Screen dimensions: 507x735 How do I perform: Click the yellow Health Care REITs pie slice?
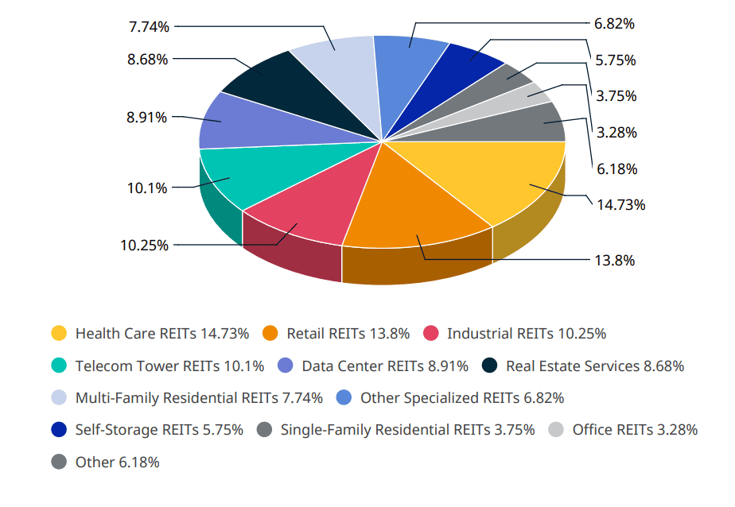tap(509, 179)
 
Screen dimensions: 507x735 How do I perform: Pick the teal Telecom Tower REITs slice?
tap(239, 175)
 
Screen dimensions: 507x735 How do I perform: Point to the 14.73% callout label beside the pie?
tap(620, 204)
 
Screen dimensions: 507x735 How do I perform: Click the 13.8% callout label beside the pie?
tap(614, 260)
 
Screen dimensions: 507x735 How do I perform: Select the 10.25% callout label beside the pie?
tap(144, 246)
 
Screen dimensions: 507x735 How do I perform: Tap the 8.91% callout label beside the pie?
tap(146, 117)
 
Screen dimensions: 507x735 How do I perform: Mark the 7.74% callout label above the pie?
tap(149, 26)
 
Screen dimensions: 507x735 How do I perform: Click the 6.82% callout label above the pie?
tap(614, 24)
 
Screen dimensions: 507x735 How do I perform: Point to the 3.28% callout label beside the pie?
tap(616, 132)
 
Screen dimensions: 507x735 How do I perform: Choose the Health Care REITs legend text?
tap(162, 333)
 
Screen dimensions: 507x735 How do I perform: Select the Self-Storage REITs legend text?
tap(158, 430)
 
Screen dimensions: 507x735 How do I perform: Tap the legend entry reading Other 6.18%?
tap(117, 462)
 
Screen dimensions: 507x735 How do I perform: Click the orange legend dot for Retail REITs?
tap(270, 333)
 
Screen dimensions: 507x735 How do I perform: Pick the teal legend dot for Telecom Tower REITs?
tap(59, 366)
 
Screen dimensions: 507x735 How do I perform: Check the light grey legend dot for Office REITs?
tap(556, 430)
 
